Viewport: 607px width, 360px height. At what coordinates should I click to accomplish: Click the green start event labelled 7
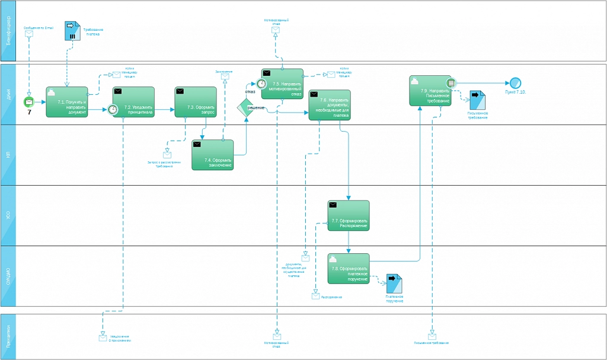(28, 102)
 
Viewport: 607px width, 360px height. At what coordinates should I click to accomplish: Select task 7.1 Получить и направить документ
(67, 102)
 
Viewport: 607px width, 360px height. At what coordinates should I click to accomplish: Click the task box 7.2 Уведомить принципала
(134, 103)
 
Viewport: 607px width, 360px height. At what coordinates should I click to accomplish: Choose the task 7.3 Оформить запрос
(196, 103)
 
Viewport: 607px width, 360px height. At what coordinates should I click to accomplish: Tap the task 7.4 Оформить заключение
(213, 155)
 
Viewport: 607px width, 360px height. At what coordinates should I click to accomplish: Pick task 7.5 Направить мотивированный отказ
(283, 84)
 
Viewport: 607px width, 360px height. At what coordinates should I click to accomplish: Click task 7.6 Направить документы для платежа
(330, 105)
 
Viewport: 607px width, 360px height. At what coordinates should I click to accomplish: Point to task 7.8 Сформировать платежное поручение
(349, 269)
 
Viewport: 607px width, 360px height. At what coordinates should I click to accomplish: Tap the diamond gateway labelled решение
(246, 108)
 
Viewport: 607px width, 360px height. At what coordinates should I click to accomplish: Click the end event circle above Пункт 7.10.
(515, 83)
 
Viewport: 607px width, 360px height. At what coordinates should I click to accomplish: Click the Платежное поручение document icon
(393, 283)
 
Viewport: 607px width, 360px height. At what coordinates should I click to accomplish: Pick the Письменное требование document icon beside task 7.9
(477, 100)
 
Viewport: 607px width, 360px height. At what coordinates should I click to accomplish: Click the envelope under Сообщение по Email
(29, 34)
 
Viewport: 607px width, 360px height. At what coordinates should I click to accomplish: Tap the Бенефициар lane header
(8, 31)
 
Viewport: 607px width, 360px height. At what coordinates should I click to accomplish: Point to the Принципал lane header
(8, 336)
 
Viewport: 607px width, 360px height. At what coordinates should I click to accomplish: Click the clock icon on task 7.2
(113, 110)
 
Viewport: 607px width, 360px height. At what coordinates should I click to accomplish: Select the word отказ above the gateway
(250, 92)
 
